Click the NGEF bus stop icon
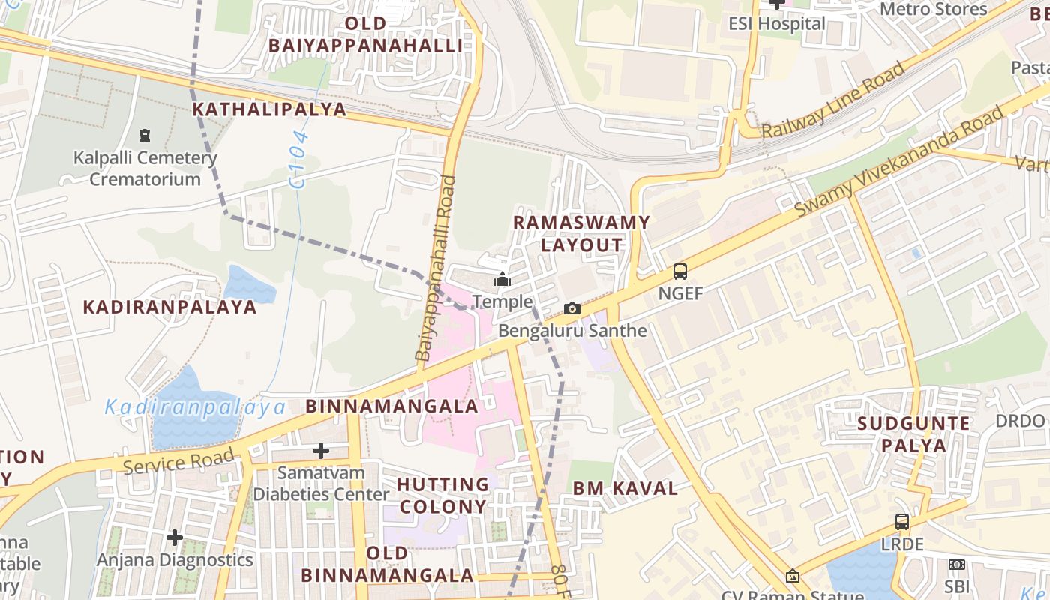(x=680, y=271)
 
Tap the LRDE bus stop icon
(x=902, y=522)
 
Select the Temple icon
(x=502, y=280)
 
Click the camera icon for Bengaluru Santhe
(x=572, y=308)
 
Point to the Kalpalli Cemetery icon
(x=144, y=136)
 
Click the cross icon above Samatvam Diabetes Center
(x=321, y=451)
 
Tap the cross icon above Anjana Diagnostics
(x=175, y=538)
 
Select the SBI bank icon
(x=957, y=565)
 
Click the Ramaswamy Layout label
(x=580, y=234)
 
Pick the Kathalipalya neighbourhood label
(x=269, y=109)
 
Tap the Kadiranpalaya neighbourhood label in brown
(x=169, y=307)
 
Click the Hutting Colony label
(x=443, y=496)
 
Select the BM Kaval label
(x=625, y=489)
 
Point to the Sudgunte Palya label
(x=913, y=434)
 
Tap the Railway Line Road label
(x=833, y=101)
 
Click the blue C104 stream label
(x=300, y=159)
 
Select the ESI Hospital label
(x=777, y=23)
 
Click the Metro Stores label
(x=933, y=9)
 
